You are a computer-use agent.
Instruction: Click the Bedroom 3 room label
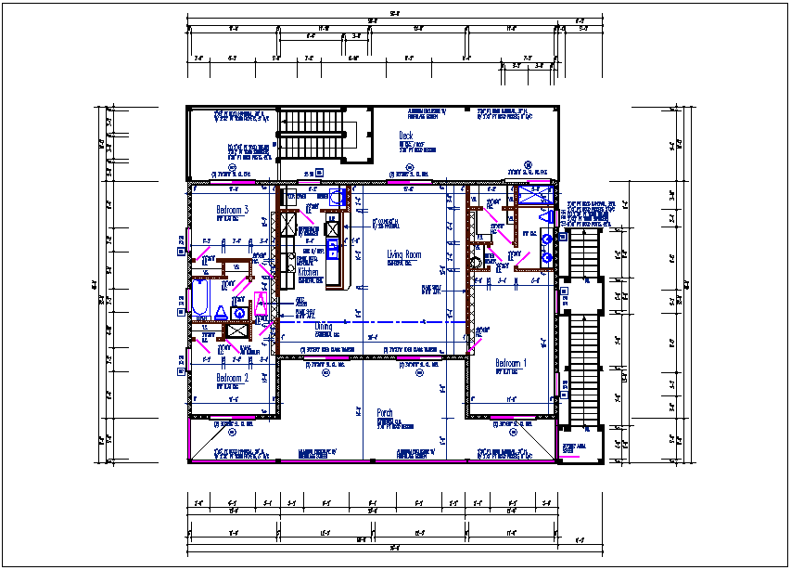coord(232,210)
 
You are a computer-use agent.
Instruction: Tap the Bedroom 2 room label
coord(232,378)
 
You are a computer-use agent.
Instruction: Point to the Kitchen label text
coord(308,273)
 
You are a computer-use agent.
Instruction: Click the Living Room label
coord(404,254)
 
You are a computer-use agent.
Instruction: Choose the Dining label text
coord(323,326)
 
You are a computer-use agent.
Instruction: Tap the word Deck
coord(405,136)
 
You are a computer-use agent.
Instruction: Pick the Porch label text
coord(385,413)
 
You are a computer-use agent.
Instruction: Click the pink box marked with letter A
coord(261,302)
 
